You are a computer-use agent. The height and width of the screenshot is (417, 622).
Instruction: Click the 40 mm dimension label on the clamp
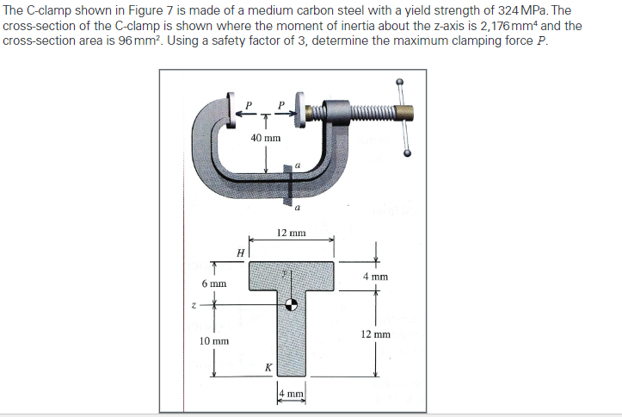[x=266, y=138]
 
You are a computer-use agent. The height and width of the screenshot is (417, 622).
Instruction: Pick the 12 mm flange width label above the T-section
[x=292, y=233]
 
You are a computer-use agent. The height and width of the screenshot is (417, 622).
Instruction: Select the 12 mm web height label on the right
[x=376, y=333]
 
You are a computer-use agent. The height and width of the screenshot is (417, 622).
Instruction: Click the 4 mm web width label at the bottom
[x=291, y=395]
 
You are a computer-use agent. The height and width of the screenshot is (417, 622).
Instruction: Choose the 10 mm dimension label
[x=213, y=341]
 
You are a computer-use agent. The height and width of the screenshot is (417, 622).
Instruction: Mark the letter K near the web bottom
[x=268, y=368]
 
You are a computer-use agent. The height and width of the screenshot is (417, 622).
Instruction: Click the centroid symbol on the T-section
[x=293, y=304]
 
